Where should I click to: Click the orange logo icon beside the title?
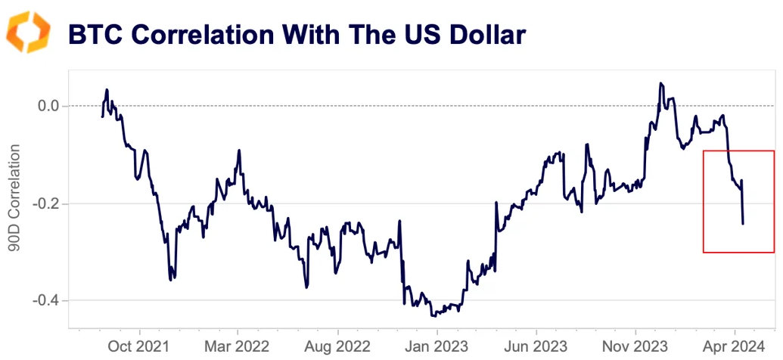28,32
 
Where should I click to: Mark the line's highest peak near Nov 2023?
660,83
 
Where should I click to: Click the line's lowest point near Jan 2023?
433,315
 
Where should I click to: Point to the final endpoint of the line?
743,224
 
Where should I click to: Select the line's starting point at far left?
102,116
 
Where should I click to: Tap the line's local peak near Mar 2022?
239,150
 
